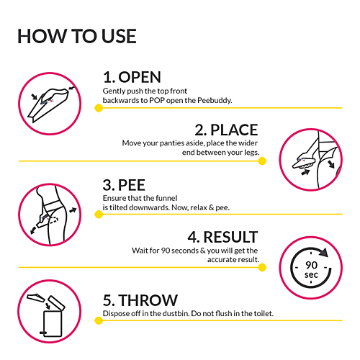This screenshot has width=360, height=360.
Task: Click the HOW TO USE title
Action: click(x=77, y=36)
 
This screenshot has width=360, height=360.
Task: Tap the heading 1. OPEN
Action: click(x=132, y=77)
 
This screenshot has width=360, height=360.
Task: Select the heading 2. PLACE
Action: click(x=226, y=130)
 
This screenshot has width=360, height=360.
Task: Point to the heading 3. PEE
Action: click(x=124, y=185)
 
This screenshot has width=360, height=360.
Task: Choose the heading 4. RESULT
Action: click(x=222, y=237)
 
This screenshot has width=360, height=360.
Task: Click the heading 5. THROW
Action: click(x=140, y=300)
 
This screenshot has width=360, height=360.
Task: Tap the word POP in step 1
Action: click(x=157, y=100)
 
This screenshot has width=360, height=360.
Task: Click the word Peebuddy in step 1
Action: click(x=215, y=101)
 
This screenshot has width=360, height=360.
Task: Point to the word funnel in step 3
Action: click(x=166, y=198)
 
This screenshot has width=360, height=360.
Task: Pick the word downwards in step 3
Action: click(x=149, y=207)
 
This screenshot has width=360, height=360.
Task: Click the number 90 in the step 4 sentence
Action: click(x=166, y=251)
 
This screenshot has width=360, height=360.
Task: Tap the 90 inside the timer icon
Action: click(x=311, y=265)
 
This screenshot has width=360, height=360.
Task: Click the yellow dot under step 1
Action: click(x=99, y=108)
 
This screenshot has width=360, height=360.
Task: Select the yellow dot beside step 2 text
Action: click(x=262, y=161)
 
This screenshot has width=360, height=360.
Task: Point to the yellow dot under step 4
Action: click(x=262, y=267)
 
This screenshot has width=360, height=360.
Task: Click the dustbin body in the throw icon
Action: click(x=53, y=323)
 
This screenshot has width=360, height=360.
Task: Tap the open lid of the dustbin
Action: click(x=57, y=303)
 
